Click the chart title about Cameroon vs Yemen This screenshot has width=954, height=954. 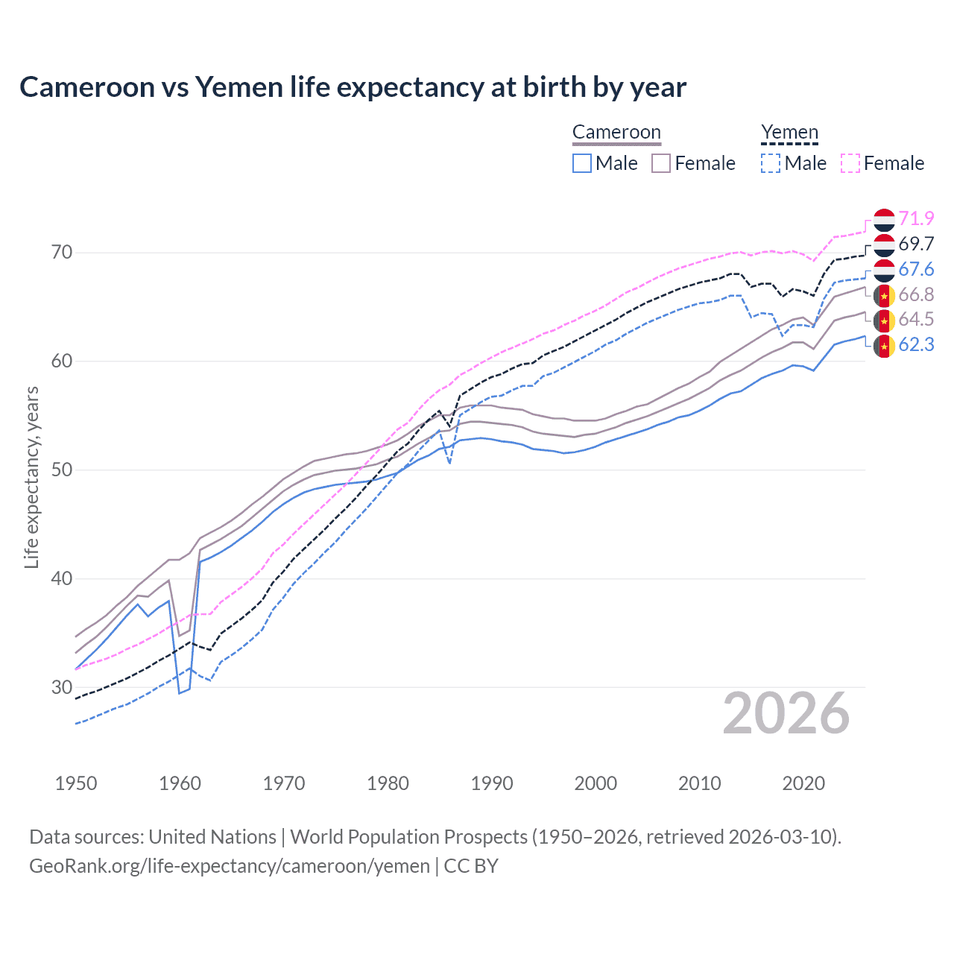pyautogui.click(x=353, y=87)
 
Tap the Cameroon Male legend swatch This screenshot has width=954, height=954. pyautogui.click(x=582, y=163)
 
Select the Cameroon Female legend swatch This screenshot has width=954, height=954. pyautogui.click(x=661, y=163)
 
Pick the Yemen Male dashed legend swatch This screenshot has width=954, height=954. pyautogui.click(x=771, y=163)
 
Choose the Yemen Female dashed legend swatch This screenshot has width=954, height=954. pyautogui.click(x=850, y=163)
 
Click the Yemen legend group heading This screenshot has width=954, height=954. pyautogui.click(x=789, y=133)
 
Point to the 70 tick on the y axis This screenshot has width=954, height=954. pyautogui.click(x=62, y=253)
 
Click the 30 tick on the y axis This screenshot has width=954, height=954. pyautogui.click(x=62, y=687)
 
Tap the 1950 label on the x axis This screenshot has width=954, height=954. pyautogui.click(x=76, y=783)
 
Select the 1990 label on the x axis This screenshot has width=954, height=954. pyautogui.click(x=492, y=783)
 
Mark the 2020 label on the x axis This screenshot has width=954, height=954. pyautogui.click(x=803, y=783)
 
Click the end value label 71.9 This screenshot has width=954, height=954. pyautogui.click(x=916, y=218)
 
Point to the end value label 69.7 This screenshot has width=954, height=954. pyautogui.click(x=916, y=244)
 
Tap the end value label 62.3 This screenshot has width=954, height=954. pyautogui.click(x=916, y=344)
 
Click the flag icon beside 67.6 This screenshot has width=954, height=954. pyautogui.click(x=884, y=270)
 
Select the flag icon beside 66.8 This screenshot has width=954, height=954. pyautogui.click(x=884, y=295)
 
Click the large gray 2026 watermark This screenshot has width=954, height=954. pyautogui.click(x=786, y=713)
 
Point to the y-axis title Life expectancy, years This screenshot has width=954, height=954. pyautogui.click(x=31, y=477)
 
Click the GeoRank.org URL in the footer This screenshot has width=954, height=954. pyautogui.click(x=230, y=866)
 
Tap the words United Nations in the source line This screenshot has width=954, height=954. pyautogui.click(x=212, y=837)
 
